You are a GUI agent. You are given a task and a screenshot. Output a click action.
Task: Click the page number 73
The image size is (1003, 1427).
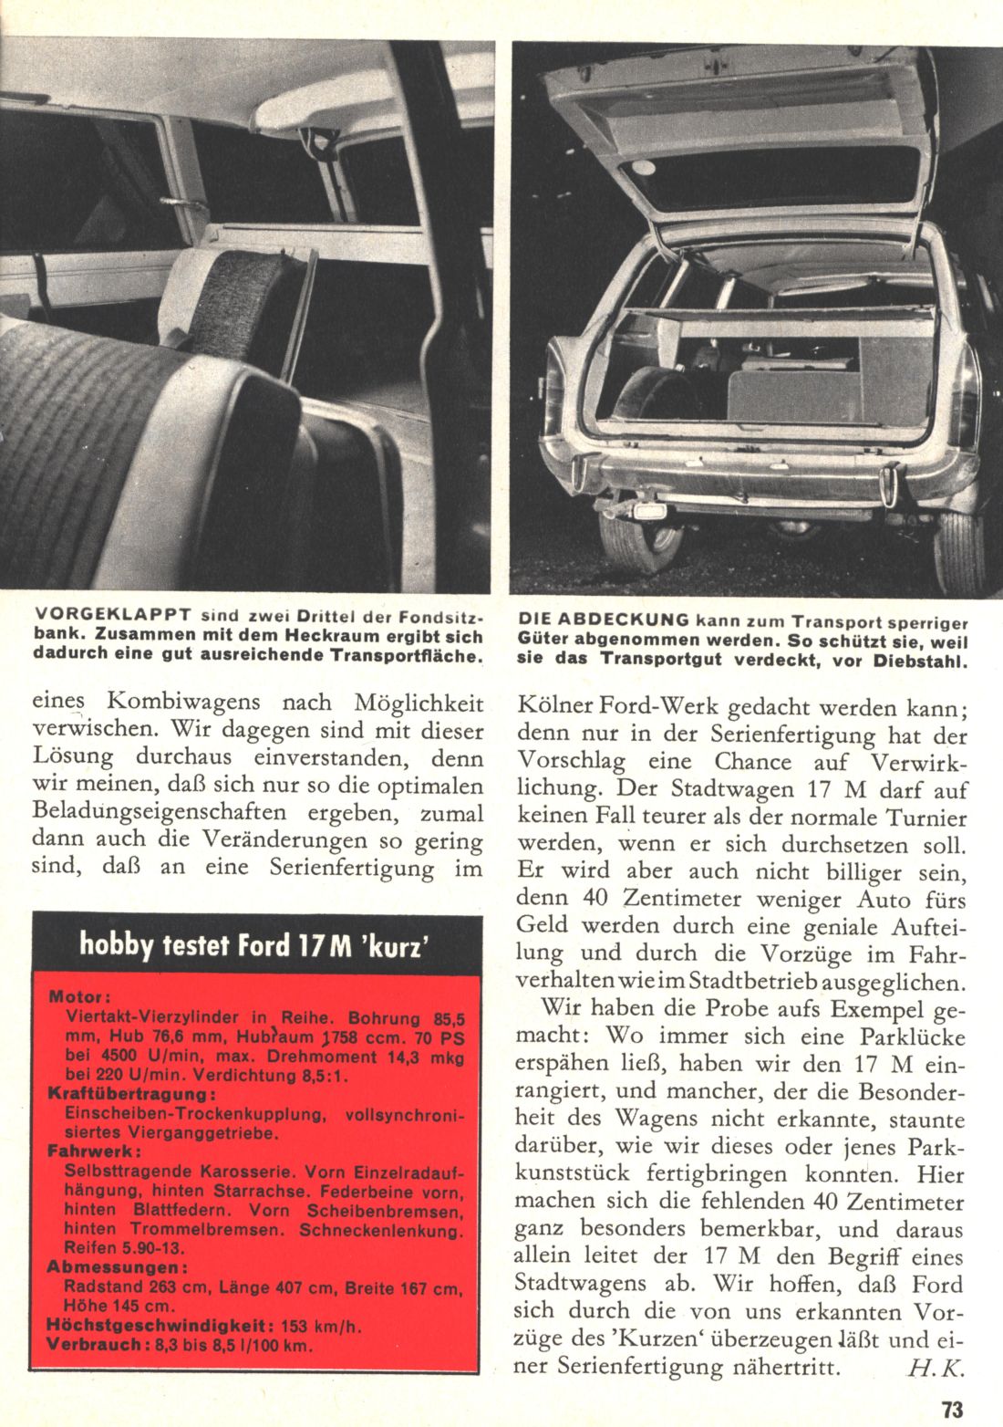click(x=952, y=1409)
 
